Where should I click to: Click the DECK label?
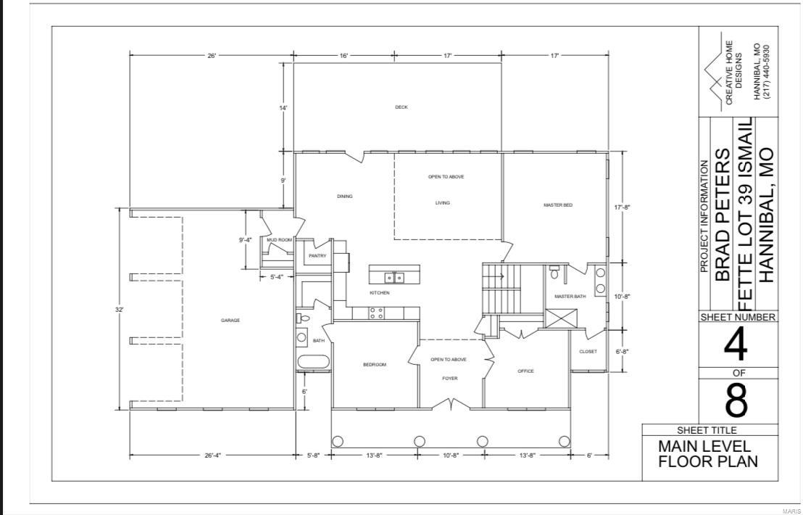(x=401, y=107)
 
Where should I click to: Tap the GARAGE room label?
(x=230, y=320)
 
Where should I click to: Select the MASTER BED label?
(x=558, y=205)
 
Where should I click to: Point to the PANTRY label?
(x=317, y=255)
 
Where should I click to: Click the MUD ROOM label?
(x=279, y=240)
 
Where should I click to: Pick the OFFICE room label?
(x=525, y=371)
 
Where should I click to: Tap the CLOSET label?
(x=588, y=352)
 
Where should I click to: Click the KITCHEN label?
(x=380, y=293)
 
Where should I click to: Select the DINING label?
(x=345, y=197)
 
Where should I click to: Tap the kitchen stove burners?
(x=377, y=313)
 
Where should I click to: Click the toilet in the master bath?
(x=554, y=273)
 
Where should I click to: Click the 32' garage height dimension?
(x=120, y=310)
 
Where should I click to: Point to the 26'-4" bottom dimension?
(x=212, y=456)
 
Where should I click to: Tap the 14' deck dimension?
(x=284, y=108)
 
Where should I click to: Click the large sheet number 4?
(x=736, y=346)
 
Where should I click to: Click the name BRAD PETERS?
(x=723, y=215)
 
